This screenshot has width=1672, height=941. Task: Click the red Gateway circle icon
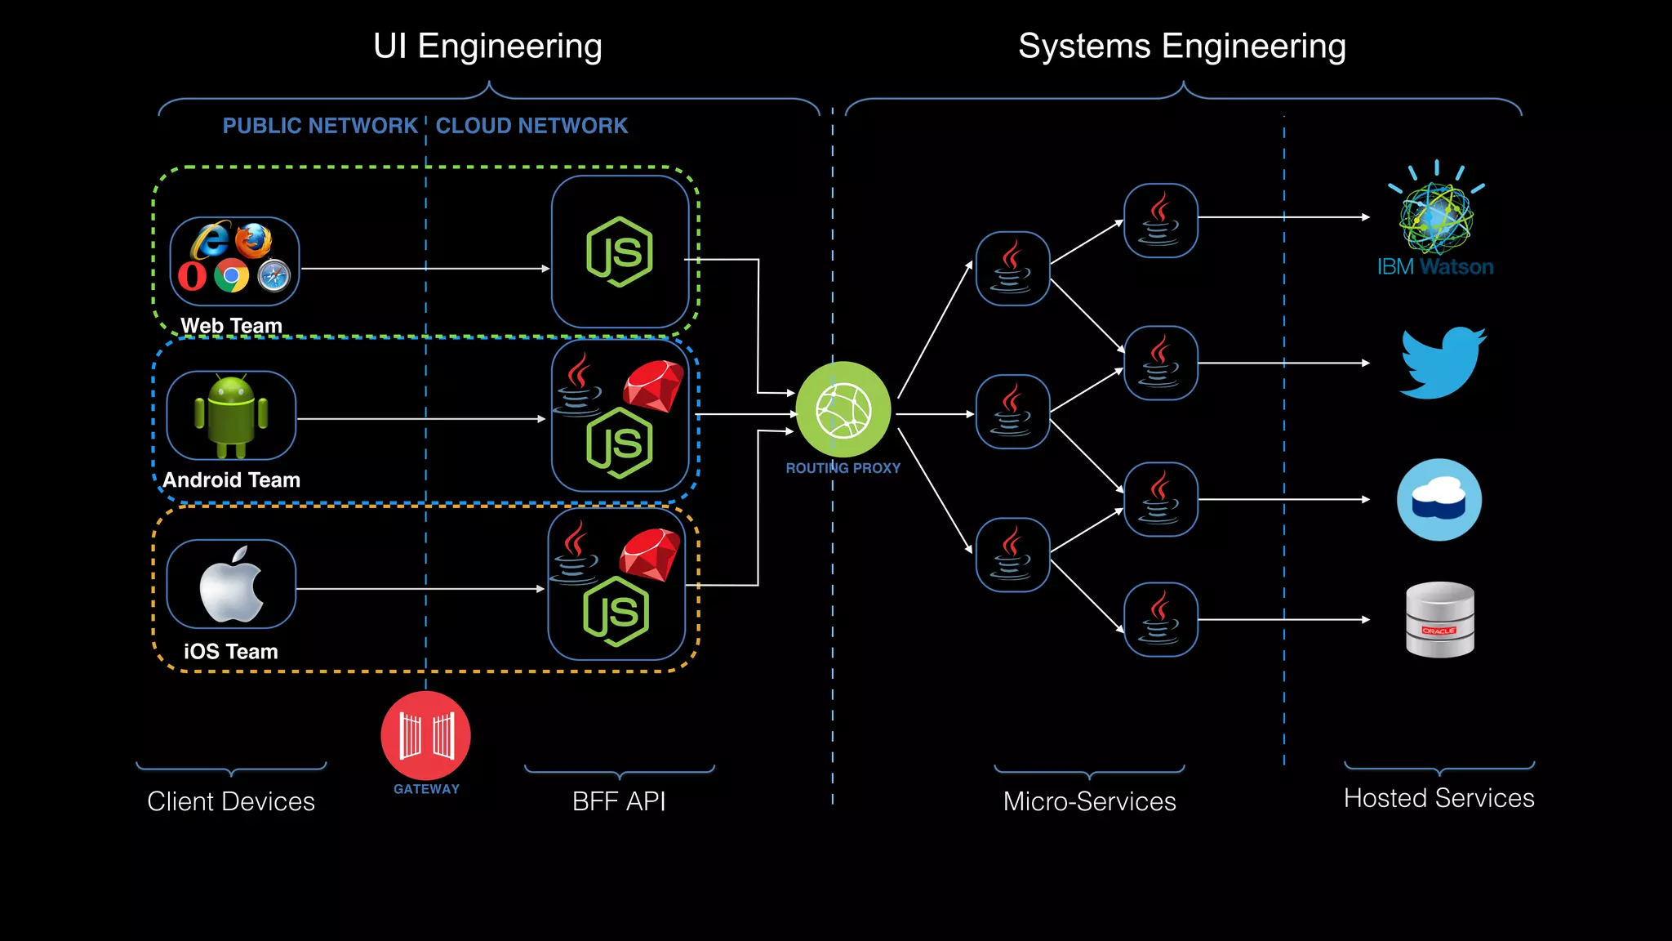pyautogui.click(x=425, y=735)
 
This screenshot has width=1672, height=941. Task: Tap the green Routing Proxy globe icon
pyautogui.click(x=843, y=409)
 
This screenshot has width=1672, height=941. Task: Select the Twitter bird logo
pyautogui.click(x=1442, y=363)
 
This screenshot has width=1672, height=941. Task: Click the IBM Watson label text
pyautogui.click(x=1434, y=267)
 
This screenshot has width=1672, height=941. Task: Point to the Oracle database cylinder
pyautogui.click(x=1439, y=619)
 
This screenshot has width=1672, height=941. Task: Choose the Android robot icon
pyautogui.click(x=231, y=416)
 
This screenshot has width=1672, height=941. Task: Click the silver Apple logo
pyautogui.click(x=231, y=585)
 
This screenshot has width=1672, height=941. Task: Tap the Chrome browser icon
pyautogui.click(x=231, y=276)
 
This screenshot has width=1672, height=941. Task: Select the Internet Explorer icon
pyautogui.click(x=211, y=240)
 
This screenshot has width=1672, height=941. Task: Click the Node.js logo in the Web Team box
pyautogui.click(x=620, y=252)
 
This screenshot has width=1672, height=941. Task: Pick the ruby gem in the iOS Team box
pyautogui.click(x=649, y=555)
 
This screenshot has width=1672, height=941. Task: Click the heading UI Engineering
pyautogui.click(x=487, y=47)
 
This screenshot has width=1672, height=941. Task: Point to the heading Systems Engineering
pyautogui.click(x=1181, y=47)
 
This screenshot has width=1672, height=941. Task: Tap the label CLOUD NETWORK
pyautogui.click(x=531, y=126)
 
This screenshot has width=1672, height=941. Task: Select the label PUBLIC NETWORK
pyautogui.click(x=320, y=126)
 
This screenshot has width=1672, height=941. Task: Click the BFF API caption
pyautogui.click(x=619, y=801)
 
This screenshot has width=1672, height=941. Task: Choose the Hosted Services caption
pyautogui.click(x=1439, y=798)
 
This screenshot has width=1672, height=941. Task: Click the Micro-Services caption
pyautogui.click(x=1089, y=801)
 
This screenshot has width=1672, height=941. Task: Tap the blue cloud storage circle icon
pyautogui.click(x=1439, y=499)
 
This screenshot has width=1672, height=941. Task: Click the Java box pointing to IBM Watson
pyautogui.click(x=1160, y=221)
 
